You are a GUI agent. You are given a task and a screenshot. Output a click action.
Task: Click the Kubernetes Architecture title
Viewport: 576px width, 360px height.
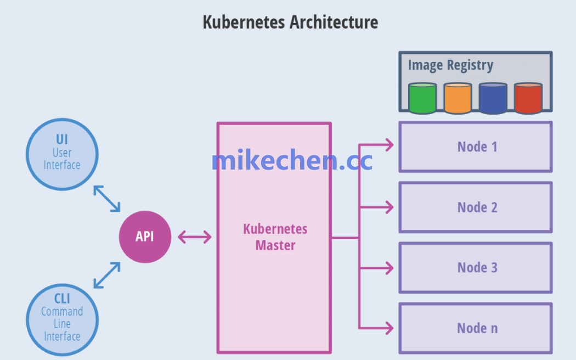pyautogui.click(x=290, y=22)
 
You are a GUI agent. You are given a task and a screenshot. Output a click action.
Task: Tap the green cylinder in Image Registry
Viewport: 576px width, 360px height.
pyautogui.click(x=422, y=98)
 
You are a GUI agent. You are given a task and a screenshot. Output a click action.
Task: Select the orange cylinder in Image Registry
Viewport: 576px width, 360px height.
pyautogui.click(x=458, y=98)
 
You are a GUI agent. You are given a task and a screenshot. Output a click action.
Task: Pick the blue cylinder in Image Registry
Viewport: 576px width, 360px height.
pyautogui.click(x=493, y=98)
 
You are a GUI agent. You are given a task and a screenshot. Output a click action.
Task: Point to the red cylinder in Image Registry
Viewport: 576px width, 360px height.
pyautogui.click(x=528, y=98)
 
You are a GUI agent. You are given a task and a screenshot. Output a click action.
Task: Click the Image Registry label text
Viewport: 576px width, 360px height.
pyautogui.click(x=450, y=65)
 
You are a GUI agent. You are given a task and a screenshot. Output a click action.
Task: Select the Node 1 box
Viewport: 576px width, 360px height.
pyautogui.click(x=475, y=147)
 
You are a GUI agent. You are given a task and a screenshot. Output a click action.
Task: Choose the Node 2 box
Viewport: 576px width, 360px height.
pyautogui.click(x=475, y=207)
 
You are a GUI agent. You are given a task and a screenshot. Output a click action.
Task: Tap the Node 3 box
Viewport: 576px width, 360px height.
pyautogui.click(x=475, y=267)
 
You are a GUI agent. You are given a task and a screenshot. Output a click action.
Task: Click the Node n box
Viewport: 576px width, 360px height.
pyautogui.click(x=475, y=328)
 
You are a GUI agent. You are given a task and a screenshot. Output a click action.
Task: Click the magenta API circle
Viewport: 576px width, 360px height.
pyautogui.click(x=145, y=237)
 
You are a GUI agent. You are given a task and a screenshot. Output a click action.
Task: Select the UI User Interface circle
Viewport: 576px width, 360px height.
pyautogui.click(x=62, y=154)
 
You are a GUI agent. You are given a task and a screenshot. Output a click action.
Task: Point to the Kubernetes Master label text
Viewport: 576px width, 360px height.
pyautogui.click(x=275, y=237)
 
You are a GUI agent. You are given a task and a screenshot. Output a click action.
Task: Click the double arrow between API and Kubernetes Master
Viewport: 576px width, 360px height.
pyautogui.click(x=194, y=237)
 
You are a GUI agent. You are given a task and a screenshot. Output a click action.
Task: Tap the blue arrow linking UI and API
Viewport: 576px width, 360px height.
pyautogui.click(x=107, y=198)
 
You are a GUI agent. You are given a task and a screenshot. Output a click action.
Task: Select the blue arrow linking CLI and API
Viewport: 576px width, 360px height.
pyautogui.click(x=107, y=275)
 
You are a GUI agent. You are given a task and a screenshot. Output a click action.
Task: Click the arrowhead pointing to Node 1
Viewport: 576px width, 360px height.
pyautogui.click(x=389, y=145)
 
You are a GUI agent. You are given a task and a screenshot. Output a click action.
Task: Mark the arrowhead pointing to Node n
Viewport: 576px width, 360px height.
pyautogui.click(x=389, y=328)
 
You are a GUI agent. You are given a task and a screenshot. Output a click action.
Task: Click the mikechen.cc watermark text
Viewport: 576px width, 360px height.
pyautogui.click(x=291, y=160)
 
